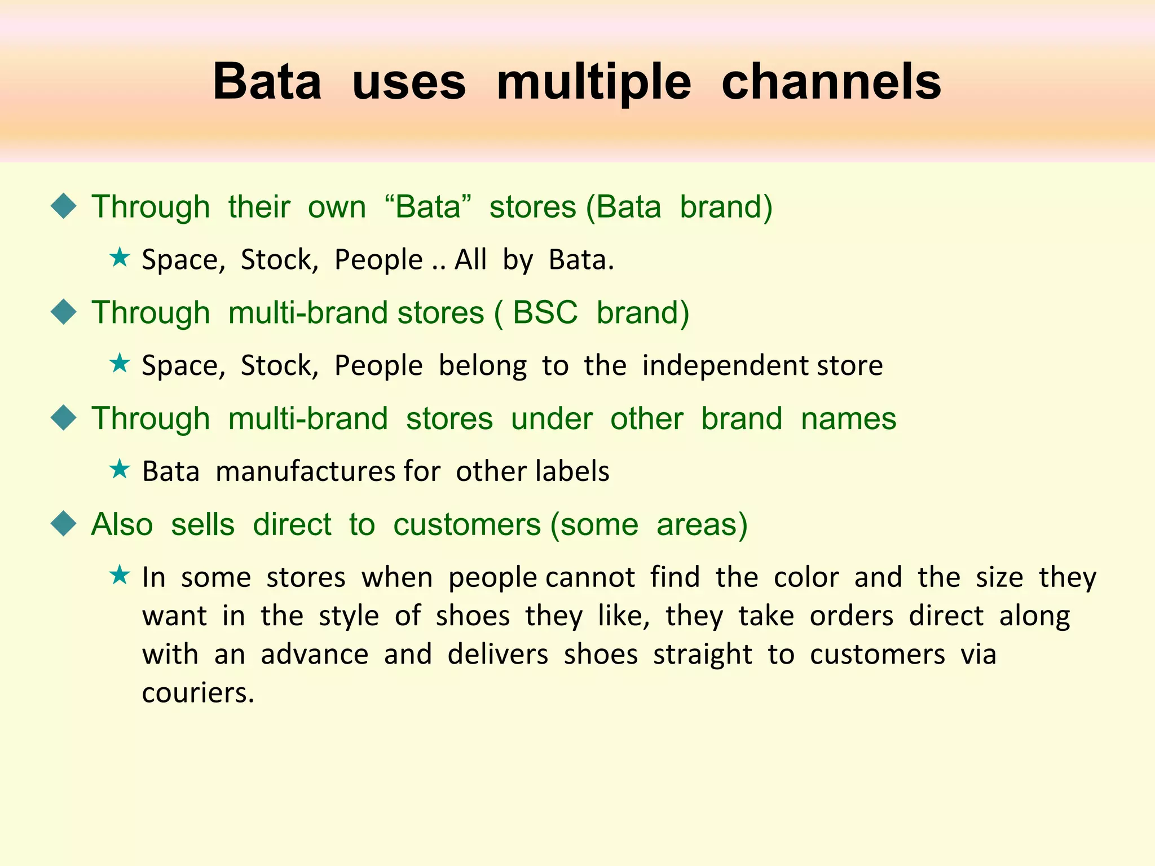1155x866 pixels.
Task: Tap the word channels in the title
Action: point(831,82)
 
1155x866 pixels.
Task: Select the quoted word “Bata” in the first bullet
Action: point(427,206)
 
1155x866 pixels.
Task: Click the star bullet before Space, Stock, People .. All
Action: point(120,258)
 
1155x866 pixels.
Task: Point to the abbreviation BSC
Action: point(545,312)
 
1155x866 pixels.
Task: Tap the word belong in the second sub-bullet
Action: point(482,365)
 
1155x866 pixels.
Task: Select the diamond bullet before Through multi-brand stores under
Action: point(63,418)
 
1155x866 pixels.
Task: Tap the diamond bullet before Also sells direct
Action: point(63,524)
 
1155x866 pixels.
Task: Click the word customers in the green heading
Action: point(467,524)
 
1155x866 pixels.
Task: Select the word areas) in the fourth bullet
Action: point(702,524)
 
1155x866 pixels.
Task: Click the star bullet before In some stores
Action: point(120,576)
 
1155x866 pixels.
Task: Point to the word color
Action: point(806,577)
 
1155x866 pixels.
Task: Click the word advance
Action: point(314,654)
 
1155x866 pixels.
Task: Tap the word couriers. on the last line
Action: point(198,692)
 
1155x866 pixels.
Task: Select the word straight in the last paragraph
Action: point(702,654)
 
